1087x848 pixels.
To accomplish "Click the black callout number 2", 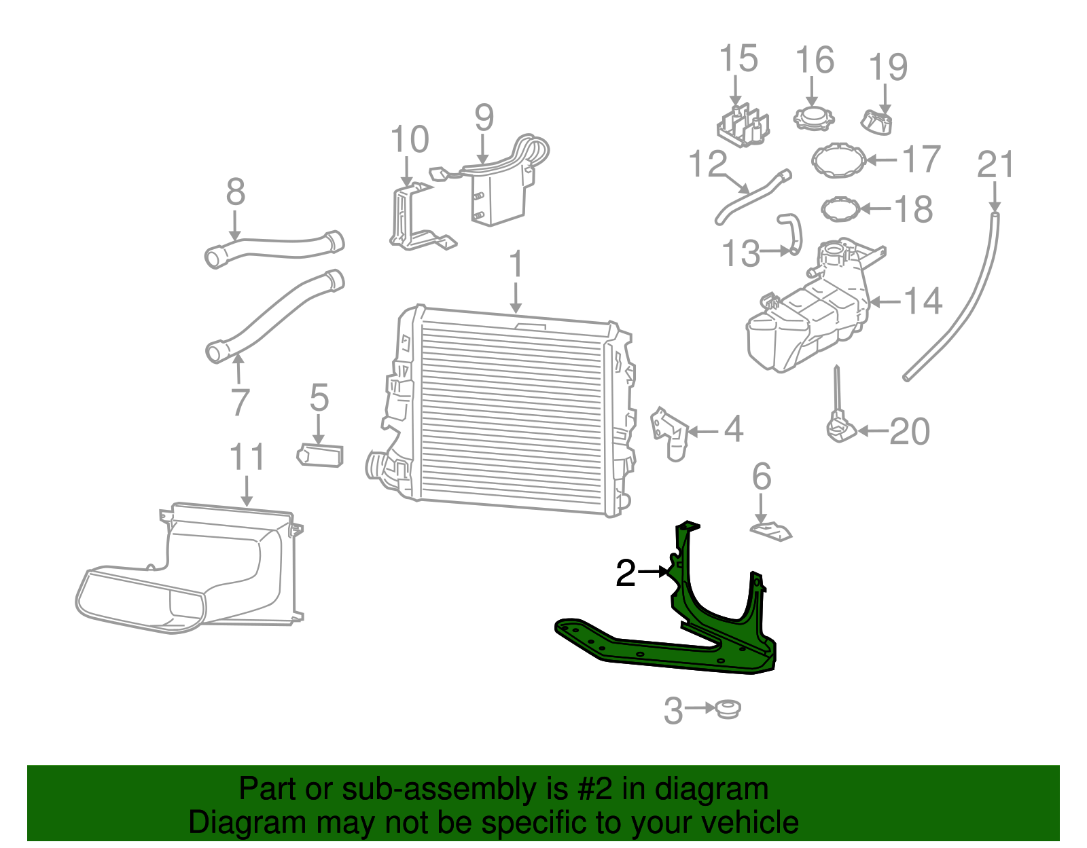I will (x=625, y=574).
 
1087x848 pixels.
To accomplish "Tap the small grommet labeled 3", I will (x=728, y=709).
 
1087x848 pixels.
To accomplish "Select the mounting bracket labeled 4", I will (x=670, y=432).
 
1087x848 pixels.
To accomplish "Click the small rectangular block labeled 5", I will (x=320, y=455).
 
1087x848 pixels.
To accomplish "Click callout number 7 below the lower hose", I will (x=240, y=403).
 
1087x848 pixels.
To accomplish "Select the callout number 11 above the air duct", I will (x=247, y=458).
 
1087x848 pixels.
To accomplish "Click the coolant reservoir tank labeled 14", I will (x=805, y=319).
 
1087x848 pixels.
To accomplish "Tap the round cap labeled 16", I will (x=813, y=117).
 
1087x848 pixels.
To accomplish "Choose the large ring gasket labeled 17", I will (x=840, y=160).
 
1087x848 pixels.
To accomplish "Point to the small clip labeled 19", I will (x=878, y=124).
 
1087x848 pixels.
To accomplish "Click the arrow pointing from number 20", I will (x=872, y=431).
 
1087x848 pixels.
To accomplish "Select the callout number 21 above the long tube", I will (x=995, y=166).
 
